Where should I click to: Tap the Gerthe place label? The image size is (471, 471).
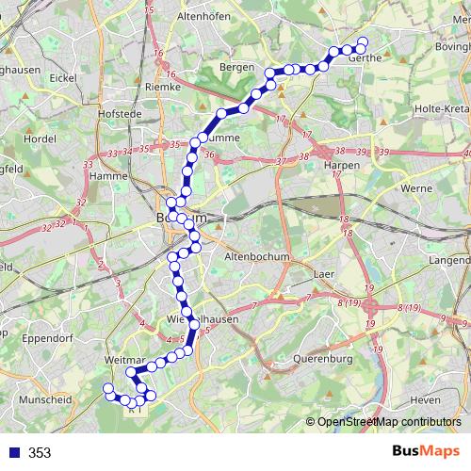coord(365,57)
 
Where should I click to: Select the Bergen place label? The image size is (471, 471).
coord(236,68)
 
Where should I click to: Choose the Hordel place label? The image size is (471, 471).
coord(40,137)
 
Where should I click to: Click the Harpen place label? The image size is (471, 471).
coord(337,164)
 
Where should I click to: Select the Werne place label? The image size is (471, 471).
coord(415,189)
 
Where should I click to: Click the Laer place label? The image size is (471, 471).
coord(322,275)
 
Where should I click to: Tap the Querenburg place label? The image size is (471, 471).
coord(322,359)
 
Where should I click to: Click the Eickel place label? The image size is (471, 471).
coord(64,77)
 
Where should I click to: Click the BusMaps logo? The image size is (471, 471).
coord(425,452)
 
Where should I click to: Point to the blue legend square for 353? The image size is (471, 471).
coord(10,453)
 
